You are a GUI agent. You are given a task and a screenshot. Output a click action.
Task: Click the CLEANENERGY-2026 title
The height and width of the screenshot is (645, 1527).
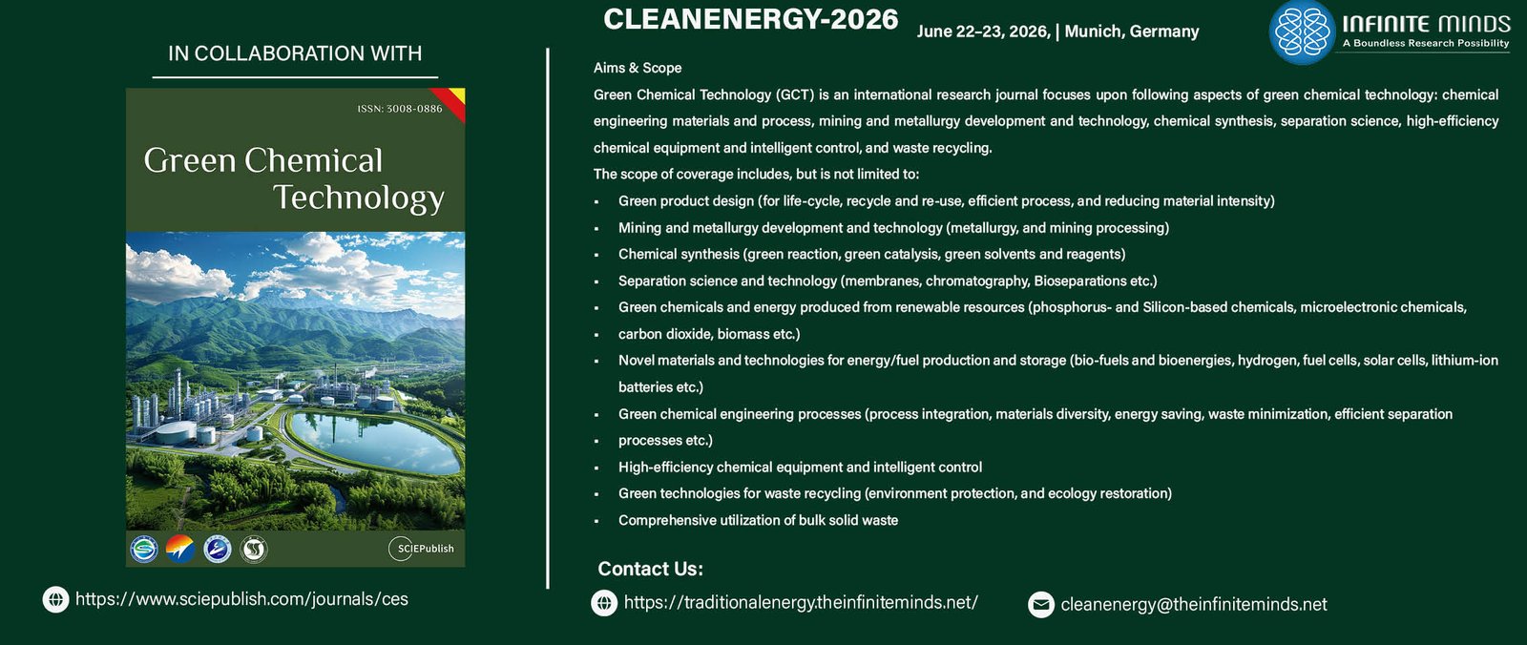[x=750, y=19]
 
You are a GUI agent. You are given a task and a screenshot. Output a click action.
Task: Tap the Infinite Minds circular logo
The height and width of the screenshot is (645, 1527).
[x=1302, y=32]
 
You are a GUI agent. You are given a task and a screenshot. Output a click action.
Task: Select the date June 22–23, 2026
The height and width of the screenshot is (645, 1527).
[x=982, y=31]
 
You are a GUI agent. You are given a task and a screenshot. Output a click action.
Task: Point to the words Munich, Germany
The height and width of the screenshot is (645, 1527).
[x=1132, y=31]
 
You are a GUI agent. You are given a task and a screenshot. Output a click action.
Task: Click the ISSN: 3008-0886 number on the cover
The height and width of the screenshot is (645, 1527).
[x=400, y=109]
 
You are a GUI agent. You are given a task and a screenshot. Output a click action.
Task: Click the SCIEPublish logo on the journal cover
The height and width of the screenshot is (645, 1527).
[x=421, y=549]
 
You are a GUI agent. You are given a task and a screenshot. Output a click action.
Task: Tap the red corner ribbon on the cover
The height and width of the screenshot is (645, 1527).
[x=452, y=101]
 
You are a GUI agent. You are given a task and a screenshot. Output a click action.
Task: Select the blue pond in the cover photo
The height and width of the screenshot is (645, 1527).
[x=373, y=440]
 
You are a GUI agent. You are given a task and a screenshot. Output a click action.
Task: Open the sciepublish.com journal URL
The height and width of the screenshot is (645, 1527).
[x=241, y=598]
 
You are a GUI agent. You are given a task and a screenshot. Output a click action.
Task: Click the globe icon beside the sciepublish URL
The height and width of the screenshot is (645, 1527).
[x=56, y=599]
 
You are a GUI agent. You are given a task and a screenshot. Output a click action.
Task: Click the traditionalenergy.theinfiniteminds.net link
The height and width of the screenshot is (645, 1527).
[x=801, y=603]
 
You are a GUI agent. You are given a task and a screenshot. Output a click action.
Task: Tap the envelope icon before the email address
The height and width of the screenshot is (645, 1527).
[x=1041, y=605]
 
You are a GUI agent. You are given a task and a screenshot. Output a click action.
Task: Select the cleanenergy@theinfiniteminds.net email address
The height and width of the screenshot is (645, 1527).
[x=1194, y=604]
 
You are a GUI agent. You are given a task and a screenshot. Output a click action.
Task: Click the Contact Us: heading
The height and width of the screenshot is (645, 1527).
[x=650, y=569]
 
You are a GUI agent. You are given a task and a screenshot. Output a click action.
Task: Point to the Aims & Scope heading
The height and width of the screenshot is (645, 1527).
[x=638, y=68]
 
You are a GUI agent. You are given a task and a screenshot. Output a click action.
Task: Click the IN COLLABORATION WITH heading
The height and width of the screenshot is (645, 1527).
[x=295, y=53]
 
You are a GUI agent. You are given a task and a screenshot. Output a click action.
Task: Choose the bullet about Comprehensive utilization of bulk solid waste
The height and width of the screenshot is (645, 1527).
[x=758, y=520]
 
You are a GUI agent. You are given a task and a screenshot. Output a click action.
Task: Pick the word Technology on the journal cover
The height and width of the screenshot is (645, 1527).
[x=359, y=198]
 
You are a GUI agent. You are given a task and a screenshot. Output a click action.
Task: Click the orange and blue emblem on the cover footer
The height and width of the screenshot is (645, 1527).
[x=180, y=549]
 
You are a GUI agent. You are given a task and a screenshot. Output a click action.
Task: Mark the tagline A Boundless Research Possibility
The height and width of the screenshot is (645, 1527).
[x=1426, y=44]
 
